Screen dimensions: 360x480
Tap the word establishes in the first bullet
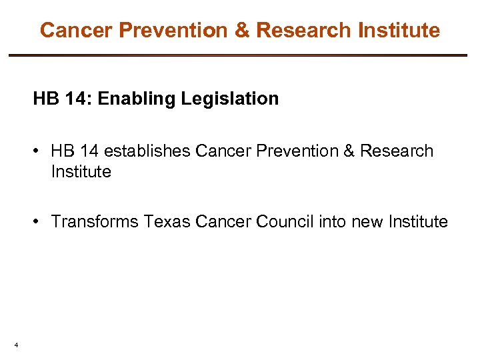pos(147,151)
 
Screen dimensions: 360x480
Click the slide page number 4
pos(15,345)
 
